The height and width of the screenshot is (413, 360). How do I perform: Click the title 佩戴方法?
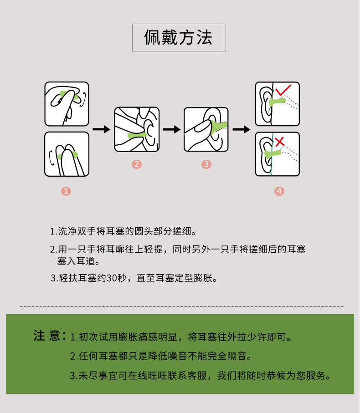pyautogui.click(x=179, y=37)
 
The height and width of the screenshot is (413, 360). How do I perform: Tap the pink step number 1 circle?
pyautogui.click(x=66, y=191)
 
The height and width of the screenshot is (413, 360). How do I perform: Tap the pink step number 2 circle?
pyautogui.click(x=136, y=164)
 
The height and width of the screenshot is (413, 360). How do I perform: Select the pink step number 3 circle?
pyautogui.click(x=206, y=164)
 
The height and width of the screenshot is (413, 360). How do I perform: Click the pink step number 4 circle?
pyautogui.click(x=279, y=191)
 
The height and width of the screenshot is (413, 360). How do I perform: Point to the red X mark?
pyautogui.click(x=280, y=142)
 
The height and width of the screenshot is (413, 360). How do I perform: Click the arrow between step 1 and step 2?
pyautogui.click(x=101, y=129)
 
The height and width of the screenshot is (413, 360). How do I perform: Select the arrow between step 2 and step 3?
pyautogui.click(x=171, y=129)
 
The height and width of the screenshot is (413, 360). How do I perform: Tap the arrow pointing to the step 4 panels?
pyautogui.click(x=241, y=129)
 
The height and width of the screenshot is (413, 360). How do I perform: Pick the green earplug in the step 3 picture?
pyautogui.click(x=220, y=125)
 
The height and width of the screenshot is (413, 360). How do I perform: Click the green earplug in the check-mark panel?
pyautogui.click(x=277, y=102)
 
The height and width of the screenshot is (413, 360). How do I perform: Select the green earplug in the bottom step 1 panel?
pyautogui.click(x=74, y=155)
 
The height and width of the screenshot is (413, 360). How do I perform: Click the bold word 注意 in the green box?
pyautogui.click(x=47, y=336)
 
